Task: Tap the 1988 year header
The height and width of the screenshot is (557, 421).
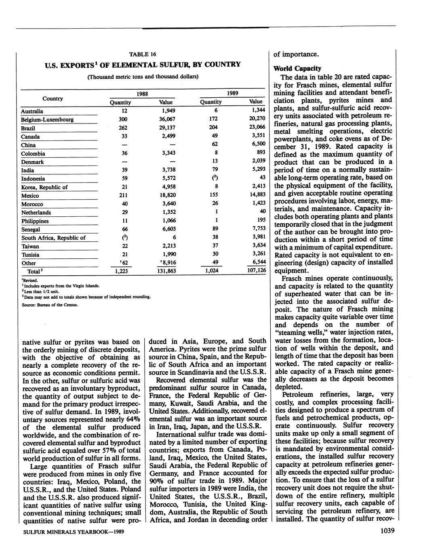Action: (142, 94)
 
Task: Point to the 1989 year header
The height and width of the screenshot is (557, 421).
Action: (232, 93)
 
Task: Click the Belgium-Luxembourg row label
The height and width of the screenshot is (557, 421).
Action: (47, 119)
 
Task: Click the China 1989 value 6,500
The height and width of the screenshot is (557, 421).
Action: (258, 144)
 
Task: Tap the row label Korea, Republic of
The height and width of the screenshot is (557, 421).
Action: (44, 187)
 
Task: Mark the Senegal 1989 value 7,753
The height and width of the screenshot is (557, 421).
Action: (258, 228)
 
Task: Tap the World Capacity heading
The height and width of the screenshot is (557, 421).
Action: (297, 68)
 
